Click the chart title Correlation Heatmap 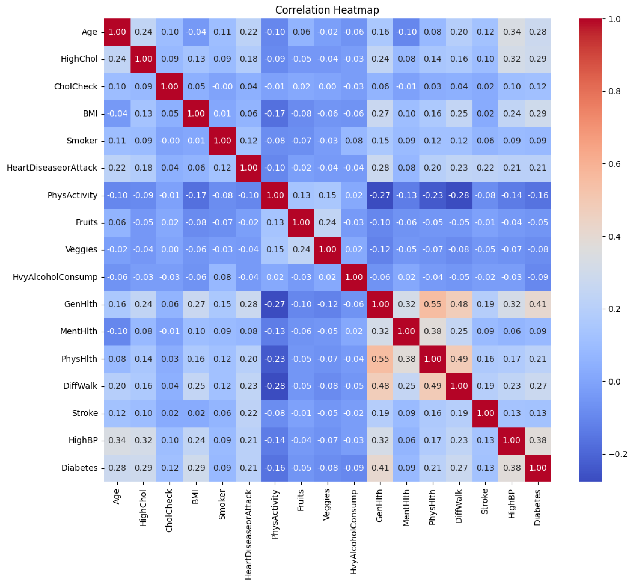[327, 10]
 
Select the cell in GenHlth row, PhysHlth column [432, 304]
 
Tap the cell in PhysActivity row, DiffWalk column [459, 195]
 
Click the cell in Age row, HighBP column [511, 32]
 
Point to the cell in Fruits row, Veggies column [327, 222]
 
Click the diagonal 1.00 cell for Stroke [485, 413]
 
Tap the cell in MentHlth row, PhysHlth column [432, 331]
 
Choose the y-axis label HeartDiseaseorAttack [52, 168]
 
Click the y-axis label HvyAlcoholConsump [55, 277]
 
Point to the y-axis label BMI [90, 113]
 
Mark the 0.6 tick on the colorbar [613, 164]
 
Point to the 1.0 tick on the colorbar [613, 19]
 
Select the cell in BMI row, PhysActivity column [275, 113]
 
